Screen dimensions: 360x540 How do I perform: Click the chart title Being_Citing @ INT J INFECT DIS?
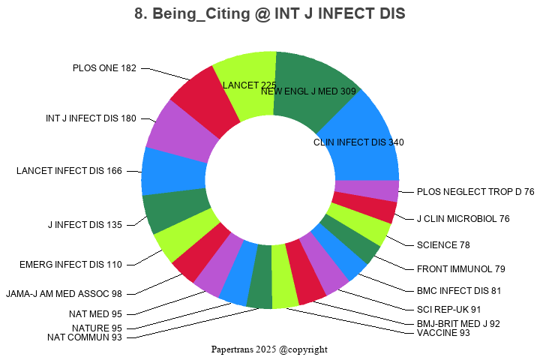coord(269,14)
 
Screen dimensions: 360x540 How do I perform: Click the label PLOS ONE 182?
coord(104,68)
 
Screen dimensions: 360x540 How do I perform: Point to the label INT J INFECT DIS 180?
coord(91,118)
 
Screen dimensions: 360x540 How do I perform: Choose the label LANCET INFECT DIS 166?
coord(69,171)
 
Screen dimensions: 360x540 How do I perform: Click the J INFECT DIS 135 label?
coord(85,224)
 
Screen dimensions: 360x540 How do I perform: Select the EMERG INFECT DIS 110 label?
coord(70,265)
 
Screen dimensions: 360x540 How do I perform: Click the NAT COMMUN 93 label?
coord(84,337)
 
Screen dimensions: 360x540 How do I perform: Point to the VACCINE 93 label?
coord(443,333)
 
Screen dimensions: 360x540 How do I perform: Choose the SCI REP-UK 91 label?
coord(449,309)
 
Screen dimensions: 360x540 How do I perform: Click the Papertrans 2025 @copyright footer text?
coord(269,349)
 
